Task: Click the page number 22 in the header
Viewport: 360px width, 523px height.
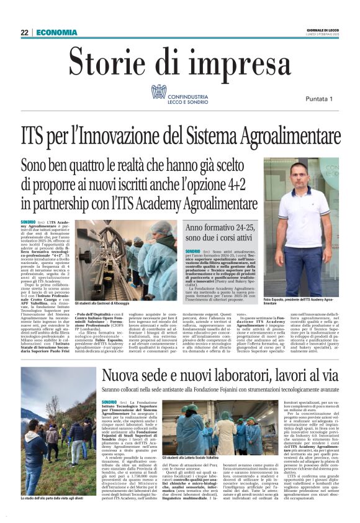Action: tap(24, 32)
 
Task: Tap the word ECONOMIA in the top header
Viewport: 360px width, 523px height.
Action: tap(56, 32)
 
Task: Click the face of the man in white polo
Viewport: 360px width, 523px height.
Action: tap(299, 171)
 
